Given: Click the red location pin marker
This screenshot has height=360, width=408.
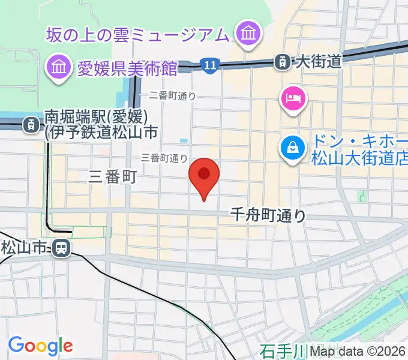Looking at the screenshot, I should pyautogui.click(x=204, y=175).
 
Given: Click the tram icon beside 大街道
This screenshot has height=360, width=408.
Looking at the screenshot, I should pyautogui.click(x=281, y=61).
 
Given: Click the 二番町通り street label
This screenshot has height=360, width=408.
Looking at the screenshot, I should pyautogui.click(x=172, y=95).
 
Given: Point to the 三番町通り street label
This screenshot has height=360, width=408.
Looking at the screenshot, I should pyautogui.click(x=164, y=158).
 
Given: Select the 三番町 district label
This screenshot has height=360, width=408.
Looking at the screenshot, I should pyautogui.click(x=113, y=176).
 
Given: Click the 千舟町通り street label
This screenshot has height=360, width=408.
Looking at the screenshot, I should pyautogui.click(x=269, y=215).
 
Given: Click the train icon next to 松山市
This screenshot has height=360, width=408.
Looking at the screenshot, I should pyautogui.click(x=61, y=247).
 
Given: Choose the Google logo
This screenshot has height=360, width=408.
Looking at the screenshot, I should pyautogui.click(x=40, y=346).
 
